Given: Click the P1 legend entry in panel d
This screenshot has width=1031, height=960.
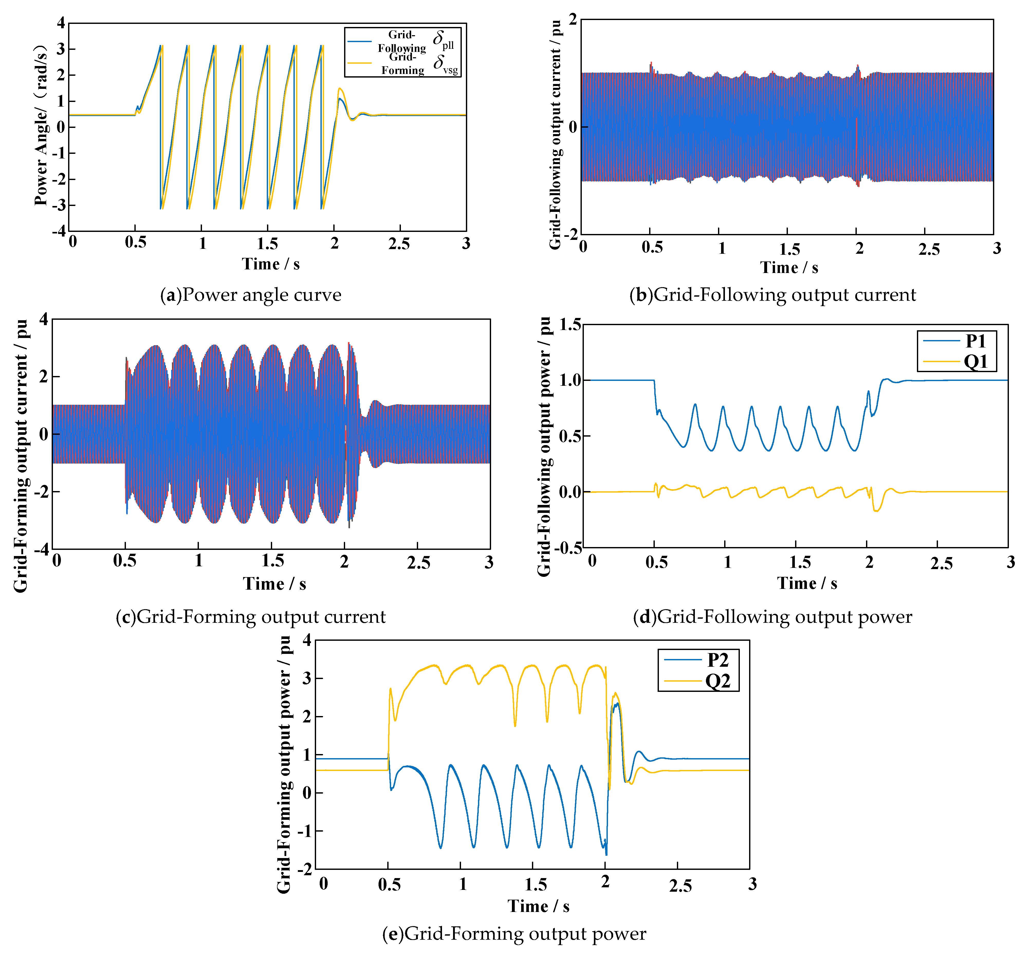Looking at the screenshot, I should coord(974,341).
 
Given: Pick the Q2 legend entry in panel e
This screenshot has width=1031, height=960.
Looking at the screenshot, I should coord(717,681).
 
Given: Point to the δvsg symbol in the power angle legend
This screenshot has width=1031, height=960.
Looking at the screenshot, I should coord(445,64).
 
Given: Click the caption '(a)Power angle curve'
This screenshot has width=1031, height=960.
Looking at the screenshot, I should coord(251,295).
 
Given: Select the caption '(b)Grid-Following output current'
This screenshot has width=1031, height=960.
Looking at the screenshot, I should coord(772,295).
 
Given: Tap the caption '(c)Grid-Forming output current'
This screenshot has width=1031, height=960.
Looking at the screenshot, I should coord(251,617).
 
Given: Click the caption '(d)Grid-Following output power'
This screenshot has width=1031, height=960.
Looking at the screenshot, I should coord(772,617).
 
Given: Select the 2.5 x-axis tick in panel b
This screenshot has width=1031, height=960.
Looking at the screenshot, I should coord(929,249).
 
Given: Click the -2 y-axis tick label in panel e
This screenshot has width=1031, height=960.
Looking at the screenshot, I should coord(305,869).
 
